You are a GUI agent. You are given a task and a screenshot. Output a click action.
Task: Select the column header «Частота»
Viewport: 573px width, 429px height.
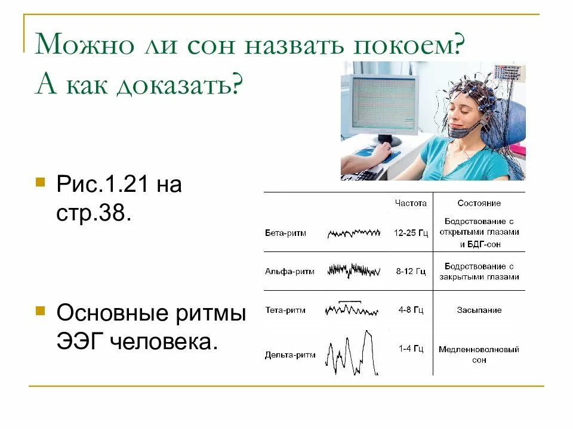(x=411, y=203)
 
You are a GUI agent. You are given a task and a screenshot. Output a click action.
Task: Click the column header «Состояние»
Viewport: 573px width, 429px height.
(x=479, y=203)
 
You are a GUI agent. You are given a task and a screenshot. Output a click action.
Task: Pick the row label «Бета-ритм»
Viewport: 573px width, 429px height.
(x=285, y=233)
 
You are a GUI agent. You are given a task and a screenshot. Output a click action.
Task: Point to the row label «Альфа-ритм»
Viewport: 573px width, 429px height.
(x=289, y=271)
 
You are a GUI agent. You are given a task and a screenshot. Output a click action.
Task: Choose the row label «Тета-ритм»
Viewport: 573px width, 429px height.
(x=285, y=310)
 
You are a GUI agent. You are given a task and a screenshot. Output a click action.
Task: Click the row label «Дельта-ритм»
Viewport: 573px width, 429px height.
(x=290, y=355)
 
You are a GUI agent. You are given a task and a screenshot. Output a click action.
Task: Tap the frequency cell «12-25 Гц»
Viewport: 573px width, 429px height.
(x=411, y=233)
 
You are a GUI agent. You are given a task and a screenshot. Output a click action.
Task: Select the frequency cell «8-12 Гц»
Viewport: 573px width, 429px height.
(x=411, y=271)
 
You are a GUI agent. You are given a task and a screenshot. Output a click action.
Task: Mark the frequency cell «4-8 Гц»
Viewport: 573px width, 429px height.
(x=411, y=310)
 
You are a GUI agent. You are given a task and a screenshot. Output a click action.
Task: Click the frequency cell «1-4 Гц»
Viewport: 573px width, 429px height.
(x=411, y=349)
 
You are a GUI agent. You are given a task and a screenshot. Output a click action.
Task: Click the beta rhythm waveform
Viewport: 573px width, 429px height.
(x=353, y=233)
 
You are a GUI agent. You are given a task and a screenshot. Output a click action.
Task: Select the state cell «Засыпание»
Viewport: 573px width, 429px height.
(x=479, y=310)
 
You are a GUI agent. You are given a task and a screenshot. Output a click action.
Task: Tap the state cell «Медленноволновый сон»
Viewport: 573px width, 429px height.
(x=479, y=355)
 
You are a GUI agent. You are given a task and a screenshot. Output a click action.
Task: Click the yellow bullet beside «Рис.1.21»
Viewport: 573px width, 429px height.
(x=41, y=181)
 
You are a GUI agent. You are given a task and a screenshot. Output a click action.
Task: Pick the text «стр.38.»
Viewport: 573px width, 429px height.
(x=93, y=213)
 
